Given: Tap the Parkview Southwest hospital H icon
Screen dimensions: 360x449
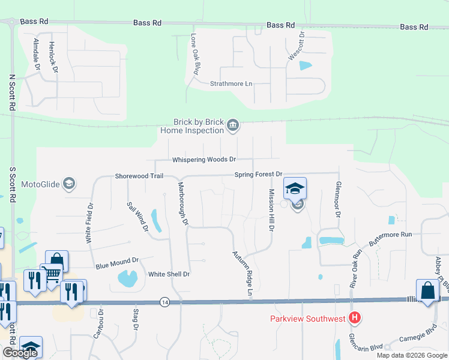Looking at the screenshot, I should (355, 317).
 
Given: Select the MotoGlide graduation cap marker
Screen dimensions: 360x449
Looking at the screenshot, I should (69, 184).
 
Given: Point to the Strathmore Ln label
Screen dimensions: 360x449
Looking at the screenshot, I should (231, 84).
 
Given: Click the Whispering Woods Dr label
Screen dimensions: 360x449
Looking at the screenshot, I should (204, 160).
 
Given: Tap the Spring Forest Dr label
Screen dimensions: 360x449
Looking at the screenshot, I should (258, 174).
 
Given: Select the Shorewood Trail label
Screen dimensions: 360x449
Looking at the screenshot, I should (139, 176).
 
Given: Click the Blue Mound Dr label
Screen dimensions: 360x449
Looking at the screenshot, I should (117, 263).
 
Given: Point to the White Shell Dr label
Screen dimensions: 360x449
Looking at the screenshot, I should (169, 274).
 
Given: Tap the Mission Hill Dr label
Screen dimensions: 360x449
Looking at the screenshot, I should (271, 210).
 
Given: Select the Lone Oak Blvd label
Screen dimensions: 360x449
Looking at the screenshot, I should (194, 53).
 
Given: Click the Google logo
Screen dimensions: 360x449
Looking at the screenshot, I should (19, 353).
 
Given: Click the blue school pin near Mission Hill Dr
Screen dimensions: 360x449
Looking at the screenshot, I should (295, 189).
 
